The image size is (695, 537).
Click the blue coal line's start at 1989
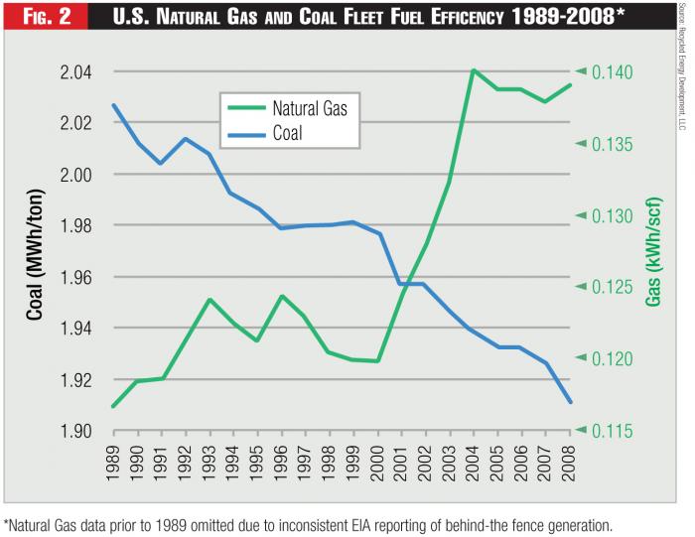tap(114, 105)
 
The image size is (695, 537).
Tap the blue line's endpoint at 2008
tap(570, 401)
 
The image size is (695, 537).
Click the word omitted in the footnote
tap(236, 524)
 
